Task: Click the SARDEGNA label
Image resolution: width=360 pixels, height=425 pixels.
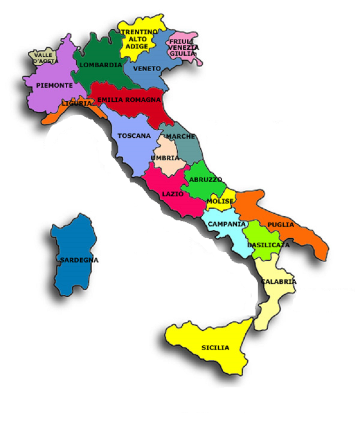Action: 79,260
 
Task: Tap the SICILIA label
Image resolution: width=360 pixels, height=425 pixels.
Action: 215,348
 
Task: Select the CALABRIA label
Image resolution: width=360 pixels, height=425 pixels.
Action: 278,282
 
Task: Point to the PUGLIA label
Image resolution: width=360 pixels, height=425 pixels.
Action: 281,225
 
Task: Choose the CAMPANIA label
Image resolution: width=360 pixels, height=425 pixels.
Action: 227,224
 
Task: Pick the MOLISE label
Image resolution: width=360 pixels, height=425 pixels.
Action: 220,201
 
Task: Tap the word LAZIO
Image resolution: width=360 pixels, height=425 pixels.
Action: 173,194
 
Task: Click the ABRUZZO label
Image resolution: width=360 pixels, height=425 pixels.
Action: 205,180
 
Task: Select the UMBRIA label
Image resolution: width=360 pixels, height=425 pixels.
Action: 166,158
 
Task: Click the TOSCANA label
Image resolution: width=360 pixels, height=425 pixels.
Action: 134,136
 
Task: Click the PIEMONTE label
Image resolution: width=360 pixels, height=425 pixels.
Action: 54,85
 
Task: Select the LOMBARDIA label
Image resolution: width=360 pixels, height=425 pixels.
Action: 101,65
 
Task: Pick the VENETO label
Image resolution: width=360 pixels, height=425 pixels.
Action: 147,68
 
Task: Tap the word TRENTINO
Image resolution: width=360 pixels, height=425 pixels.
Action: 139,32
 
